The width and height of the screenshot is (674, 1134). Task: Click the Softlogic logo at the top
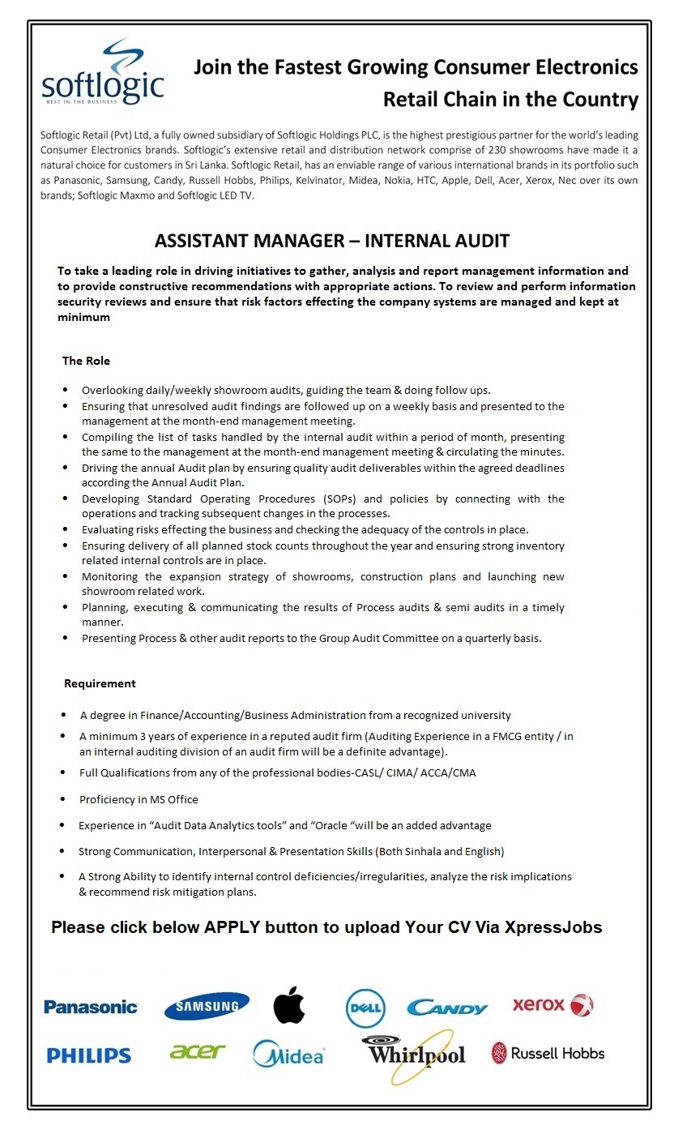pyautogui.click(x=102, y=72)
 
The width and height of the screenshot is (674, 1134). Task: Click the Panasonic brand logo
pyautogui.click(x=91, y=1007)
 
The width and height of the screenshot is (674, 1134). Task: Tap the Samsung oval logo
pyautogui.click(x=207, y=1007)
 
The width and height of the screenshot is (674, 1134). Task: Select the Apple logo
pyautogui.click(x=288, y=1005)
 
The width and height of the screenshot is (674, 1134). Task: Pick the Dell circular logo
pyautogui.click(x=365, y=1008)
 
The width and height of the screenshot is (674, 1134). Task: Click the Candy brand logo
pyautogui.click(x=447, y=1008)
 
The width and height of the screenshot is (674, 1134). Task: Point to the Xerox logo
pyautogui.click(x=552, y=1005)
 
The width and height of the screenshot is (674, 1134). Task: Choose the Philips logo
pyautogui.click(x=88, y=1055)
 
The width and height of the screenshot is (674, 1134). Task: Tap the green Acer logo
pyautogui.click(x=198, y=1051)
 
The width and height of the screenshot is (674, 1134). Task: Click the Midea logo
pyautogui.click(x=288, y=1054)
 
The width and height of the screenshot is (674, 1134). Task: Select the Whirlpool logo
pyautogui.click(x=416, y=1054)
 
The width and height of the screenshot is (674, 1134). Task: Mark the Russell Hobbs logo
pyautogui.click(x=548, y=1054)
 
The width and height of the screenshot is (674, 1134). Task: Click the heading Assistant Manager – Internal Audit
pyautogui.click(x=331, y=241)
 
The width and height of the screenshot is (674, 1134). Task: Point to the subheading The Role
pyautogui.click(x=86, y=361)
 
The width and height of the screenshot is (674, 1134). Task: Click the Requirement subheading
pyautogui.click(x=100, y=683)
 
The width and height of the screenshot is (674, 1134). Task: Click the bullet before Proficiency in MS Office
pyautogui.click(x=62, y=799)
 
